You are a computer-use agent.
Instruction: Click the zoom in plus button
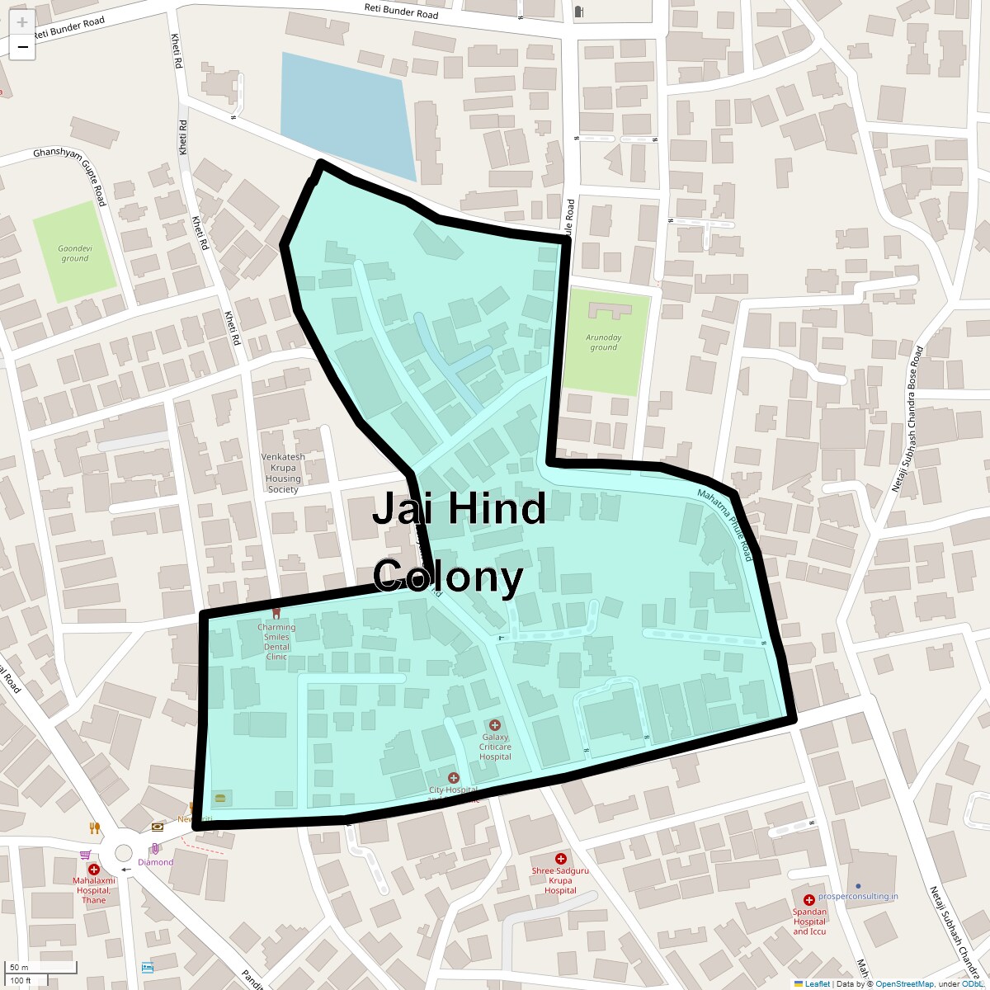pyautogui.click(x=22, y=22)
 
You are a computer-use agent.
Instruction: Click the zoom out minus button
pyautogui.click(x=22, y=47)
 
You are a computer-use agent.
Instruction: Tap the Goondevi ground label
pyautogui.click(x=74, y=253)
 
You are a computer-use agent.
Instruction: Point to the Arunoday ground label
pyautogui.click(x=603, y=342)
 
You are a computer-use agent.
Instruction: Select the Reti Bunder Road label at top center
pyautogui.click(x=403, y=10)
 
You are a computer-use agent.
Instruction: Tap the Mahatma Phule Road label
pyautogui.click(x=725, y=525)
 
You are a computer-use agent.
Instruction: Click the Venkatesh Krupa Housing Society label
pyautogui.click(x=283, y=473)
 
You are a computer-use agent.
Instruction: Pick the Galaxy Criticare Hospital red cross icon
pyautogui.click(x=495, y=724)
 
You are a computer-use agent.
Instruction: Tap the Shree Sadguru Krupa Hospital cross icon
pyautogui.click(x=561, y=859)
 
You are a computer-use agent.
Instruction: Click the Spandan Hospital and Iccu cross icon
pyautogui.click(x=809, y=899)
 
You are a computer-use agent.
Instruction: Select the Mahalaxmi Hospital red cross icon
pyautogui.click(x=94, y=870)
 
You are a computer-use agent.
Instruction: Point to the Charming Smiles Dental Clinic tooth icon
pyautogui.click(x=276, y=614)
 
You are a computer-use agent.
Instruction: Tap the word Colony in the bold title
pyautogui.click(x=448, y=577)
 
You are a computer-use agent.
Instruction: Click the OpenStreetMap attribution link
pyautogui.click(x=904, y=983)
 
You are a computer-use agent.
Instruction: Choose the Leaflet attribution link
pyautogui.click(x=817, y=983)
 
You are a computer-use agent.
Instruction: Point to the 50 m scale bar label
pyautogui.click(x=19, y=967)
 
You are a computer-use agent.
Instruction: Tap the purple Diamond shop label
pyautogui.click(x=156, y=862)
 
